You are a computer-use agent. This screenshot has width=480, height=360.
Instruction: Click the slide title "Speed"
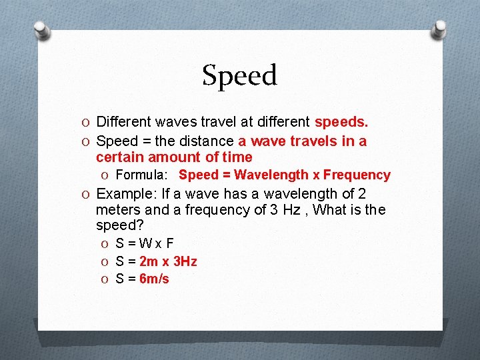(x=239, y=76)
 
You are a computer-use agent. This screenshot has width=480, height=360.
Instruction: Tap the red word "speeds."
(x=341, y=122)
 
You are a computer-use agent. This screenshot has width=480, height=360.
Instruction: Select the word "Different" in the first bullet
(x=124, y=122)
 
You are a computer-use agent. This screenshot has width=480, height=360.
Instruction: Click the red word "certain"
(x=119, y=157)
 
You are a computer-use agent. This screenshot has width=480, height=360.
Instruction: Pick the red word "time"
(x=238, y=157)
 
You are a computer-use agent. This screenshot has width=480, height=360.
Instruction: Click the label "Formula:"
(x=143, y=175)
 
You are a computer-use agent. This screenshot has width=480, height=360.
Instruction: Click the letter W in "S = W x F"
(x=146, y=244)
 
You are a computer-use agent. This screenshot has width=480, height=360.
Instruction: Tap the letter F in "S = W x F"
(x=170, y=244)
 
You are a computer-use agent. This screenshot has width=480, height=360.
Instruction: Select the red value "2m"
(x=149, y=261)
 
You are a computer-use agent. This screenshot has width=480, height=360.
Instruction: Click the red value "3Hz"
(x=184, y=261)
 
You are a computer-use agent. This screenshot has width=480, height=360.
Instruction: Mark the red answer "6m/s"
(x=154, y=279)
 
